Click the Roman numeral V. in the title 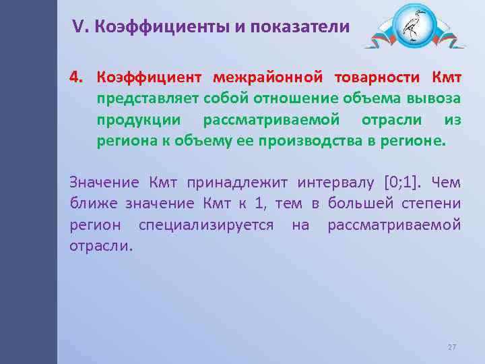point(81,27)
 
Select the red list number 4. point(75,76)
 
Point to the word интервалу point(329,182)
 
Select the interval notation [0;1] point(402,182)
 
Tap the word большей point(360,204)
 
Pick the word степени point(432,204)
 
